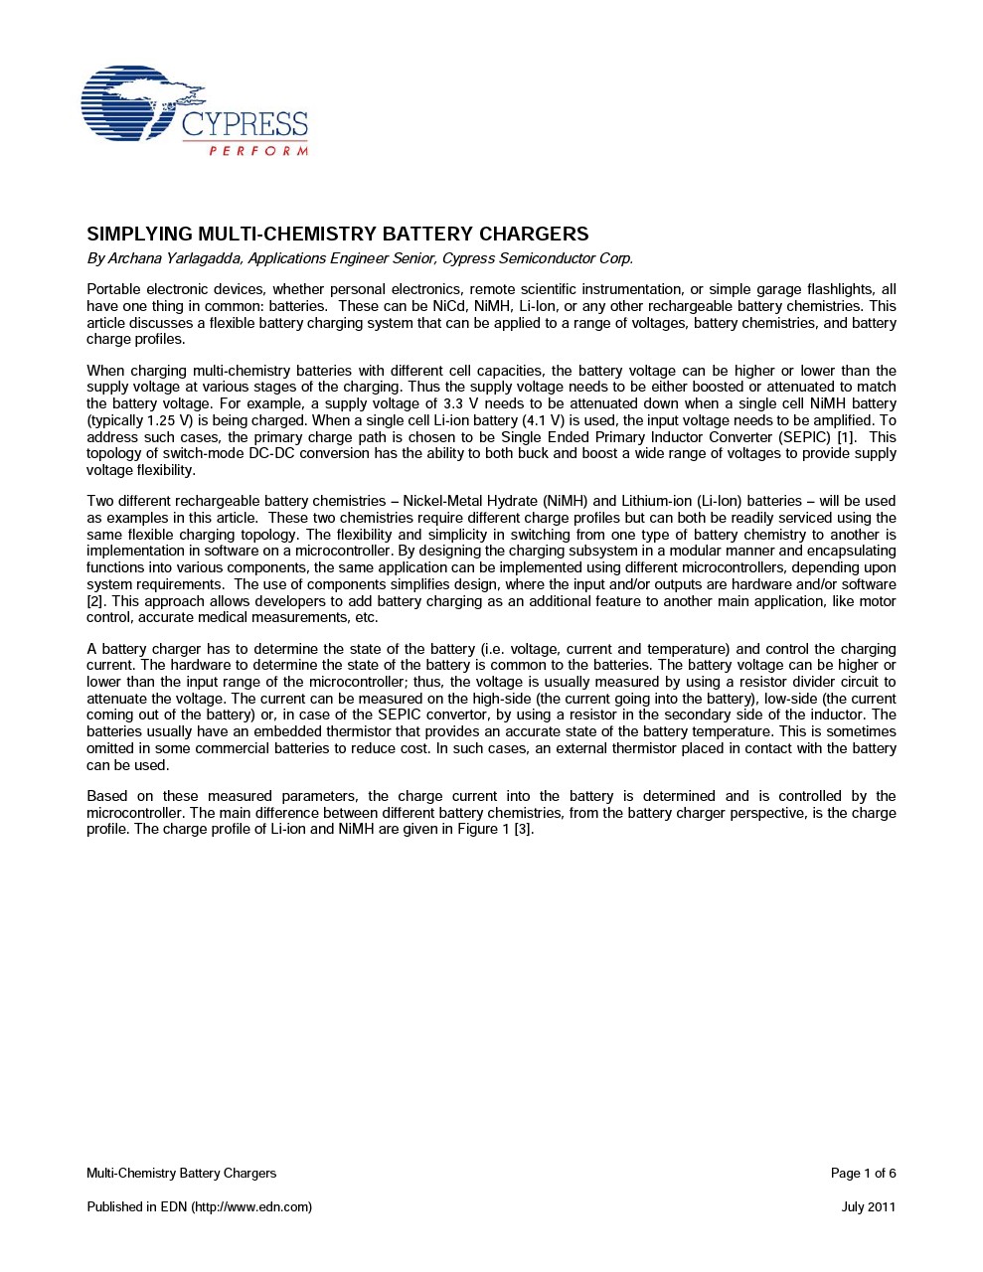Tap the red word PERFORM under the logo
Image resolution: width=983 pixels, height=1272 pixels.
point(258,151)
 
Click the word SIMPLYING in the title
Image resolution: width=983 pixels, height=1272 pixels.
point(140,234)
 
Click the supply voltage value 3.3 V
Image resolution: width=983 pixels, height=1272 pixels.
point(452,403)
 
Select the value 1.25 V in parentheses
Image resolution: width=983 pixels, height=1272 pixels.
point(169,420)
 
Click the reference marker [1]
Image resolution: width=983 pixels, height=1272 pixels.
point(846,437)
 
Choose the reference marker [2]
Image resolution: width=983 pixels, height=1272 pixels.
point(95,601)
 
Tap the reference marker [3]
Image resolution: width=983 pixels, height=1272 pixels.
point(524,829)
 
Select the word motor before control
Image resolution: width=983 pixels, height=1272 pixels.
point(877,601)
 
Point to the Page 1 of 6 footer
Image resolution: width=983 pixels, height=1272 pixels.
point(863,1174)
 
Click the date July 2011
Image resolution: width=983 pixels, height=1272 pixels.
point(868,1207)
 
